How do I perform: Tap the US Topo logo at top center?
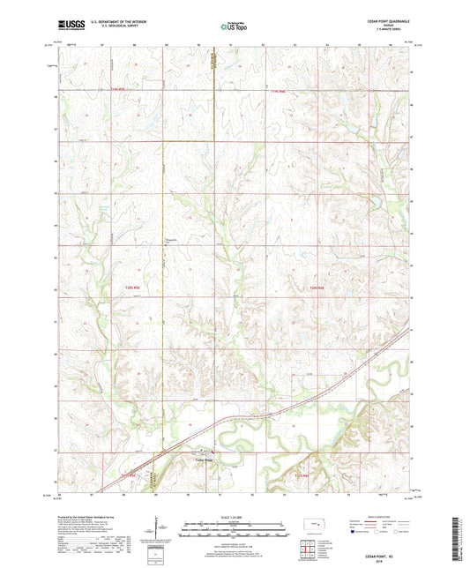click(x=234, y=27)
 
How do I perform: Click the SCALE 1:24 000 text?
click(x=235, y=516)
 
